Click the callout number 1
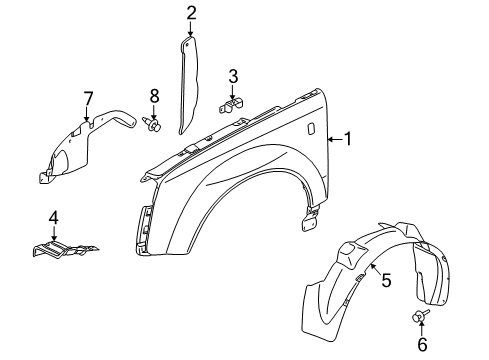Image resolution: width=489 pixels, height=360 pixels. [x=347, y=139]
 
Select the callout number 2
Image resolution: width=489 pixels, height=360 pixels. [x=191, y=13]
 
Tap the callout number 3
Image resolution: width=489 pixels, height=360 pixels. [x=233, y=75]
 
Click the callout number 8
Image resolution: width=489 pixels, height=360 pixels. [x=154, y=97]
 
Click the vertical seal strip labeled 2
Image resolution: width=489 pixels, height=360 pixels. [x=189, y=85]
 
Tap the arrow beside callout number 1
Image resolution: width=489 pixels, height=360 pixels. [x=332, y=139]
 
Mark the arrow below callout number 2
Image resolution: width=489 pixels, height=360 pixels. [x=191, y=30]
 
